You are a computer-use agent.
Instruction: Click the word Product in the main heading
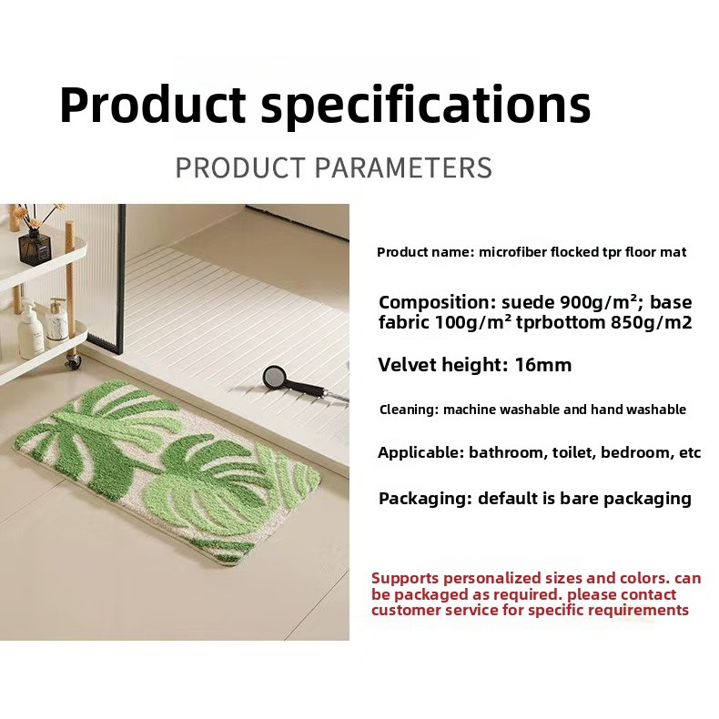(152, 105)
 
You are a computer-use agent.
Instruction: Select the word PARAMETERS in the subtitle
(403, 167)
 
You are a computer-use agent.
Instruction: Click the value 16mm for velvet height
(543, 366)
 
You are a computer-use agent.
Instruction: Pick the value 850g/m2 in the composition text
(651, 322)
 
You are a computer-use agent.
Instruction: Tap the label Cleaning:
(409, 410)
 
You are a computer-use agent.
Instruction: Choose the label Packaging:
(426, 499)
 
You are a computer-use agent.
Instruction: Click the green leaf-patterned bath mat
(167, 472)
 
